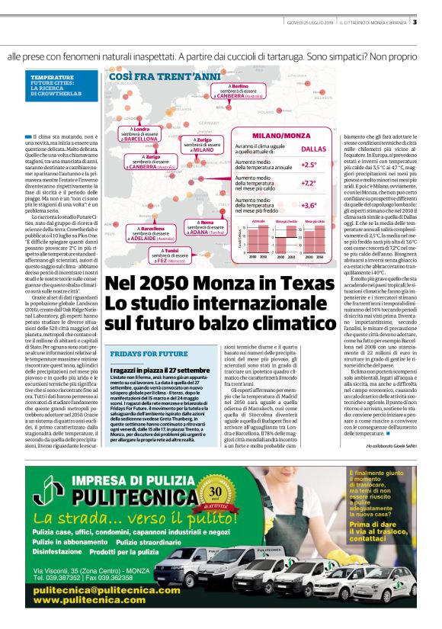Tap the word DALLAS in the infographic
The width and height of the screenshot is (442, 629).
point(313,149)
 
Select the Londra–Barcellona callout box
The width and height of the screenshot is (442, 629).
point(140,135)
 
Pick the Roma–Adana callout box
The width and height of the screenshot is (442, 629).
point(207,227)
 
